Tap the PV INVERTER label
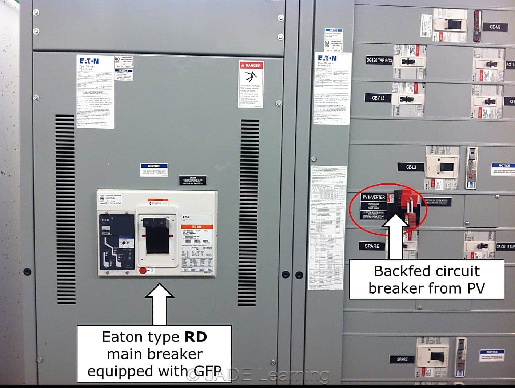(374, 197)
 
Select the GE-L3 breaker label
(411, 167)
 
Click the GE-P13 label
(378, 98)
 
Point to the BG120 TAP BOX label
(379, 61)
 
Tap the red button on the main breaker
(143, 271)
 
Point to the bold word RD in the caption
(196, 337)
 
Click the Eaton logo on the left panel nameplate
(89, 61)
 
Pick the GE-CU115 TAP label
(505, 247)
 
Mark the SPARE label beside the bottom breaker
(402, 359)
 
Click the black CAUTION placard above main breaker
(193, 181)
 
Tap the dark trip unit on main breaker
(116, 242)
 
